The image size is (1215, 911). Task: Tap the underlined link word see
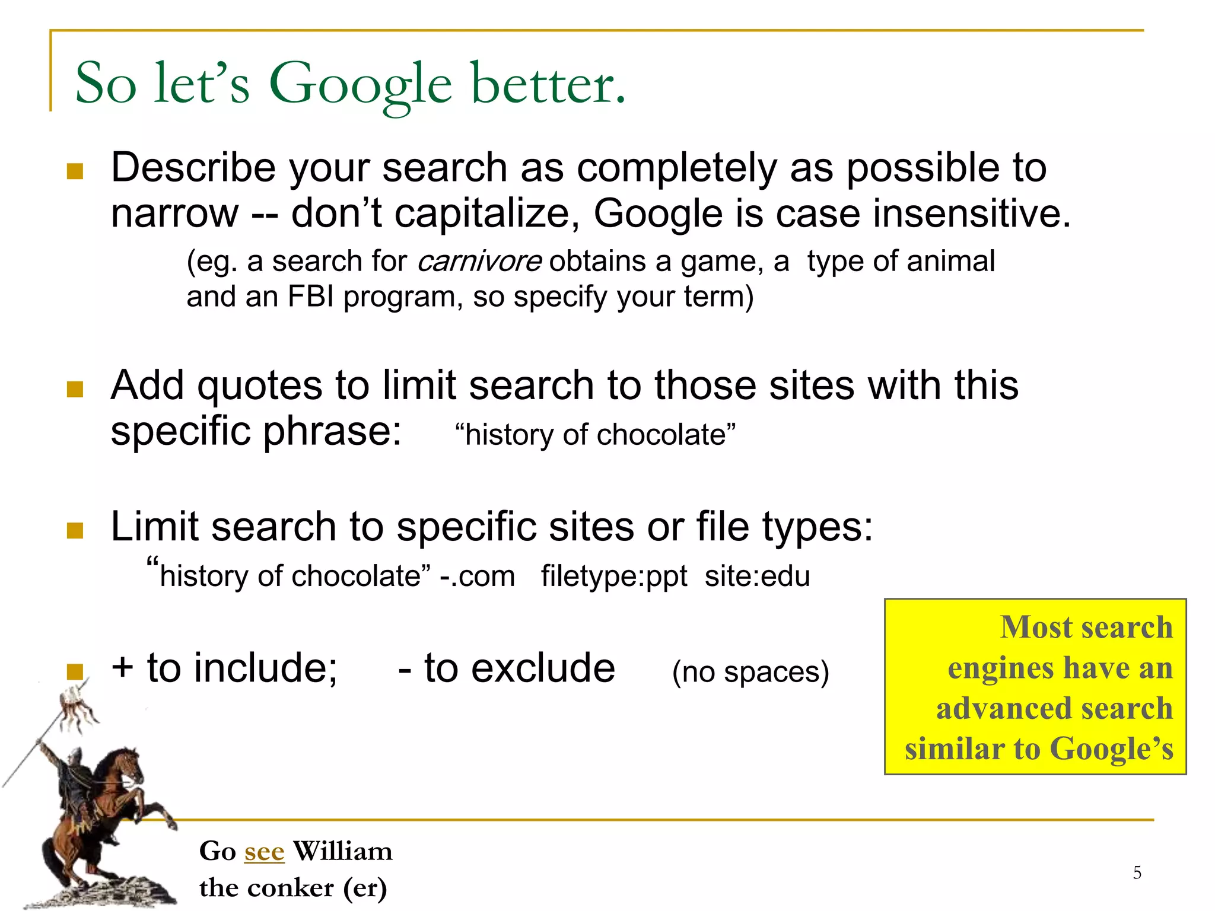coord(264,852)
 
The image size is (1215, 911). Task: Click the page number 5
coord(1137,872)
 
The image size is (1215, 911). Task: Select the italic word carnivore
coord(479,262)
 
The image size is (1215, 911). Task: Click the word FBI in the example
coord(311,297)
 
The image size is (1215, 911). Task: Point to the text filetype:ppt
coord(613,576)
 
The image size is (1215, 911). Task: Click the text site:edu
coord(757,576)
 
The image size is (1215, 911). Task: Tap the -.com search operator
coord(478,576)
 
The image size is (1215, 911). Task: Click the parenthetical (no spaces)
coord(750,672)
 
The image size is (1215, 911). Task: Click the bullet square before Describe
coord(75,171)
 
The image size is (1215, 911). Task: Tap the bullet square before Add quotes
coord(75,389)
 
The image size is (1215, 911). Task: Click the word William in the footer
coord(343,852)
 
